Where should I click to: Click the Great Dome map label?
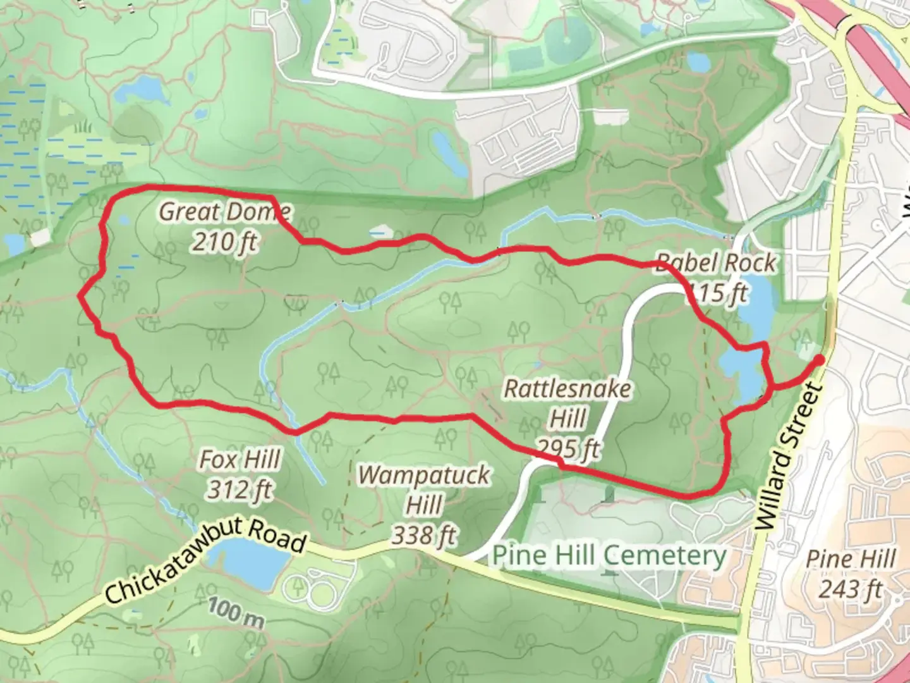click(x=224, y=212)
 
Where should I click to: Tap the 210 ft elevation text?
click(x=224, y=242)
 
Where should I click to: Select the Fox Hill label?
click(x=240, y=460)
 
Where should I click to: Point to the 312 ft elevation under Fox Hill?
click(x=240, y=489)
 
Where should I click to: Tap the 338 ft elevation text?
click(x=424, y=536)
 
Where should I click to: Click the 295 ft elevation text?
click(x=568, y=449)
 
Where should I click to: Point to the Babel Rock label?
click(x=716, y=262)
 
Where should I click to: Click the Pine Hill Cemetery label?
click(x=609, y=556)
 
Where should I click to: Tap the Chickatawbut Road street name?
click(x=205, y=560)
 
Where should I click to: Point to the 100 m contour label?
click(x=235, y=613)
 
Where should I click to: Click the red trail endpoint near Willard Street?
click(x=819, y=360)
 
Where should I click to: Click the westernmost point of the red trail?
click(x=79, y=294)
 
